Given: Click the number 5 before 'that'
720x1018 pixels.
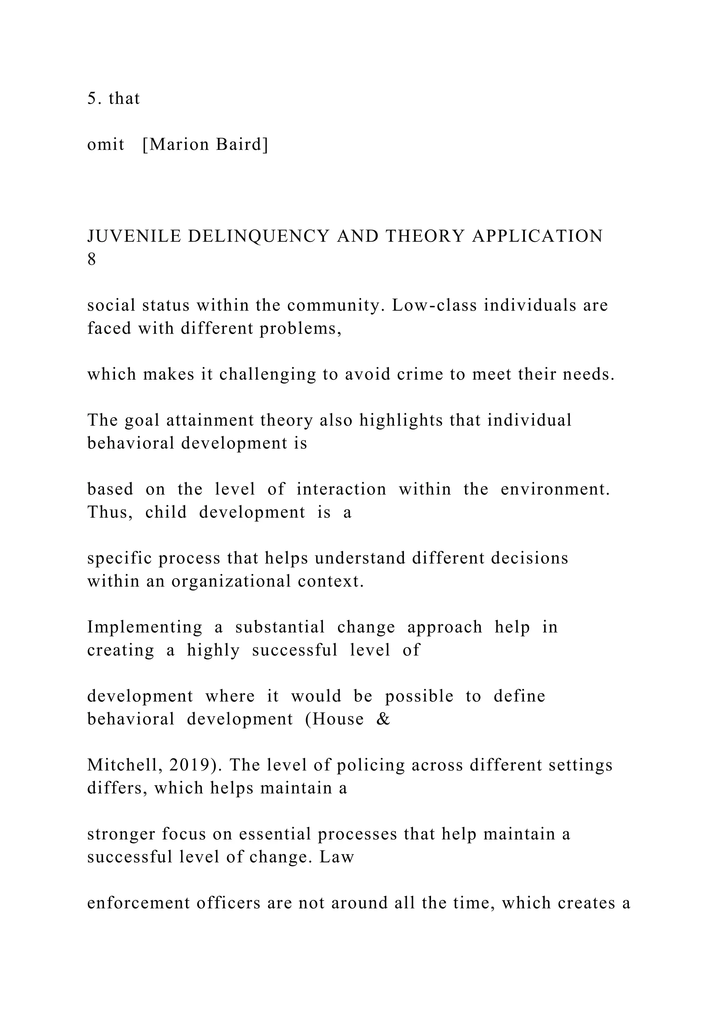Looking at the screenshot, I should point(91,98).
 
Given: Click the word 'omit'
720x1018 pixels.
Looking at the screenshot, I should point(105,144).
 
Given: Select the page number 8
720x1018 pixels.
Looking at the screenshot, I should point(91,259).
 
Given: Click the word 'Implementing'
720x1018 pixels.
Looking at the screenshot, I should point(144,627).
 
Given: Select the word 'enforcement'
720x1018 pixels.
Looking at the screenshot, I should point(138,903).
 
